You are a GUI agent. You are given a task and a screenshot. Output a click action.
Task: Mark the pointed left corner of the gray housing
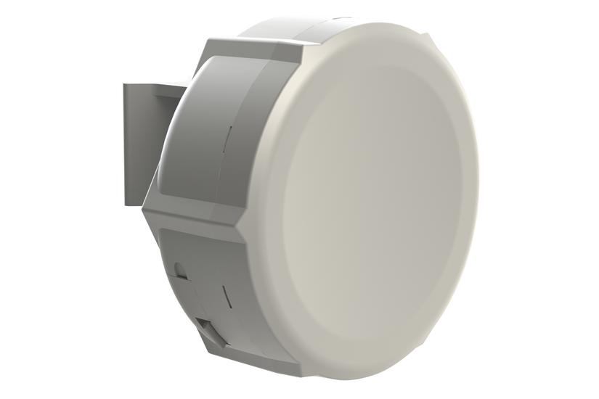(x=144, y=207)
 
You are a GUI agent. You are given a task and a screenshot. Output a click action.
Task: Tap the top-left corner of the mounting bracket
(x=123, y=85)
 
